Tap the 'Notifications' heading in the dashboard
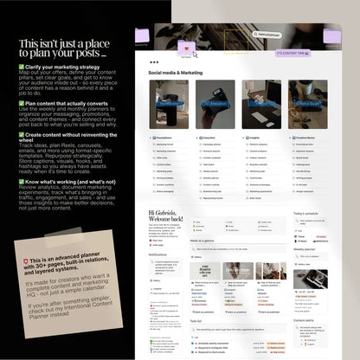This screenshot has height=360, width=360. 159,255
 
